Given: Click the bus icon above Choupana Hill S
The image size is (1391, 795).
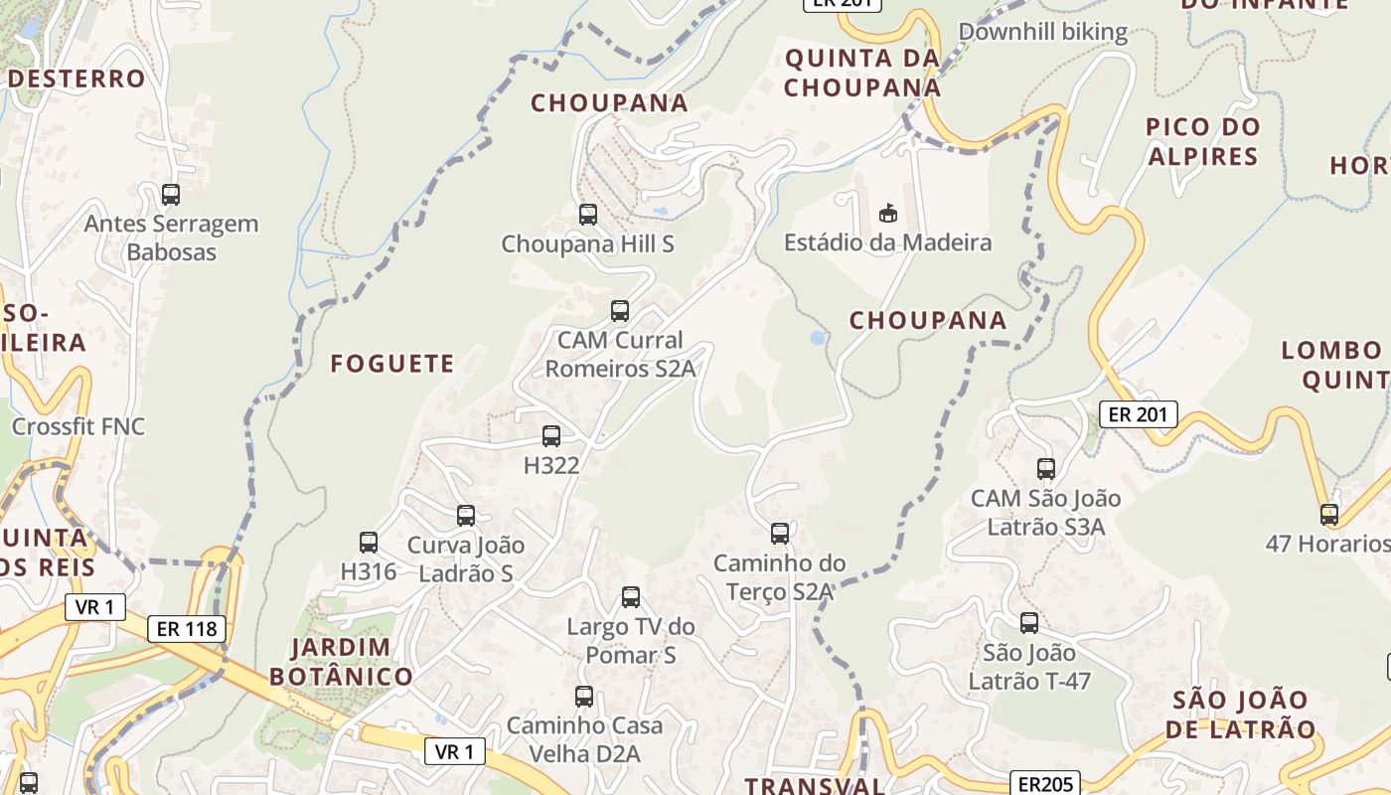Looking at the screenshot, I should click(x=588, y=214).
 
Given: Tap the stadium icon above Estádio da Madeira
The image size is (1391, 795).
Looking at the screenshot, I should click(x=888, y=213).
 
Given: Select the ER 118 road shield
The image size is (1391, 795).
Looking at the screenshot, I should click(x=187, y=628).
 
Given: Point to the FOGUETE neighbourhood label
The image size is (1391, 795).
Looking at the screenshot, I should click(x=392, y=364).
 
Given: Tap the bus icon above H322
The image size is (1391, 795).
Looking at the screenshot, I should click(x=551, y=435).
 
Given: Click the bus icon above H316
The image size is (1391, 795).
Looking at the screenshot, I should click(x=369, y=543).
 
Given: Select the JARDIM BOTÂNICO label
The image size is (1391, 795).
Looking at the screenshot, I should click(x=341, y=662).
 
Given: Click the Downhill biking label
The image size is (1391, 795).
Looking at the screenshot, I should click(x=1042, y=32).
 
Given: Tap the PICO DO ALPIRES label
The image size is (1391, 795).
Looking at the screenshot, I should click(x=1202, y=141).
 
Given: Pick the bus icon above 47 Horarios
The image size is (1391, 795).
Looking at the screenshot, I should click(x=1329, y=514).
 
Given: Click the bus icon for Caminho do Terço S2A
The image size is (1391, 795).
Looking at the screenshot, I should click(x=780, y=534).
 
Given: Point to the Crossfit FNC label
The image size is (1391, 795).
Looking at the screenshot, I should click(x=77, y=426).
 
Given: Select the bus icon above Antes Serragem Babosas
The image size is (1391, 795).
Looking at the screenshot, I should click(x=171, y=195).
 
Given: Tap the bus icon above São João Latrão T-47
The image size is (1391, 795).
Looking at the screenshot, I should click(x=1029, y=623).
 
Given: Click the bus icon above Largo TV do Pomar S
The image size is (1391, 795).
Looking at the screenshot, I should click(x=631, y=597).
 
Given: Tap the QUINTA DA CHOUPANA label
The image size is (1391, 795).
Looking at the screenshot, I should click(x=861, y=73).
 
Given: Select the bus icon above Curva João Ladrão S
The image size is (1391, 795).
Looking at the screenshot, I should click(x=466, y=516).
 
